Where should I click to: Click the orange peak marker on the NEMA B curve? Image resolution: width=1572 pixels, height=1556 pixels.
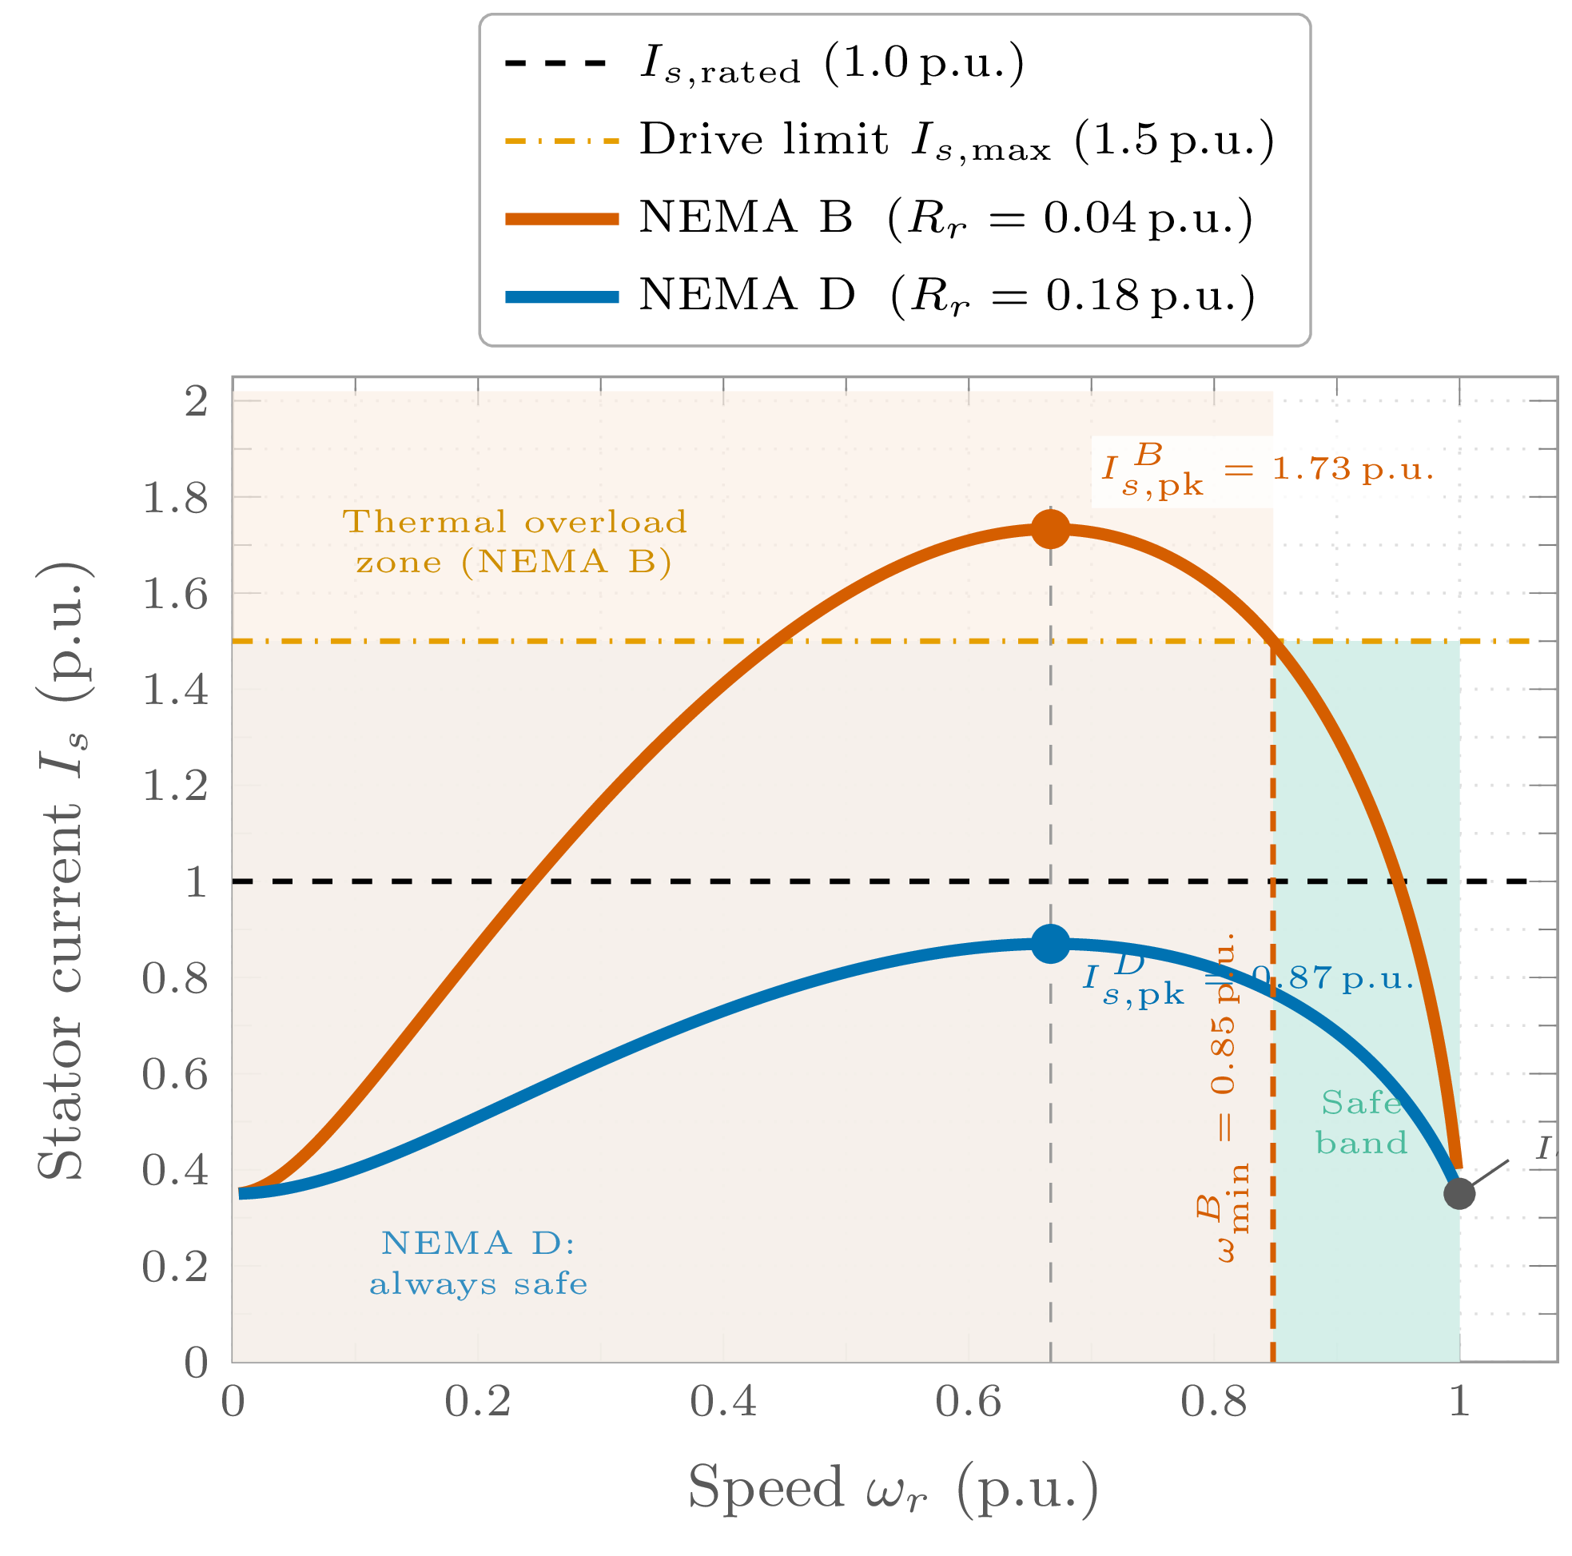[x=1050, y=530]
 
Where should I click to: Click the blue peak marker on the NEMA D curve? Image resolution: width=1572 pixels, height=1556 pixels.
[x=1050, y=944]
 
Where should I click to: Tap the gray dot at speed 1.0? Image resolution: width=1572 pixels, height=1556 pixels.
[x=1459, y=1194]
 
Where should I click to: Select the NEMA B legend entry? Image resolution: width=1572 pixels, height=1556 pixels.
[x=879, y=218]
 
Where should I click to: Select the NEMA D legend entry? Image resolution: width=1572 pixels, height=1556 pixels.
[x=879, y=295]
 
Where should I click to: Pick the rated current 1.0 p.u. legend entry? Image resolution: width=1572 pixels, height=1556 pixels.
[x=765, y=63]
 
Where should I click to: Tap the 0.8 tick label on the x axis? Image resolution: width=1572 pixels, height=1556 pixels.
[x=1214, y=1402]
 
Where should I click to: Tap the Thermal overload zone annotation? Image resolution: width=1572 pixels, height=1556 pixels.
[x=514, y=541]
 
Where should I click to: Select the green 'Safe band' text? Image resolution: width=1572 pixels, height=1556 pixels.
[x=1361, y=1123]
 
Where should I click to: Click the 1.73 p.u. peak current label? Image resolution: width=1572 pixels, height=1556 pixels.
[x=1267, y=472]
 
